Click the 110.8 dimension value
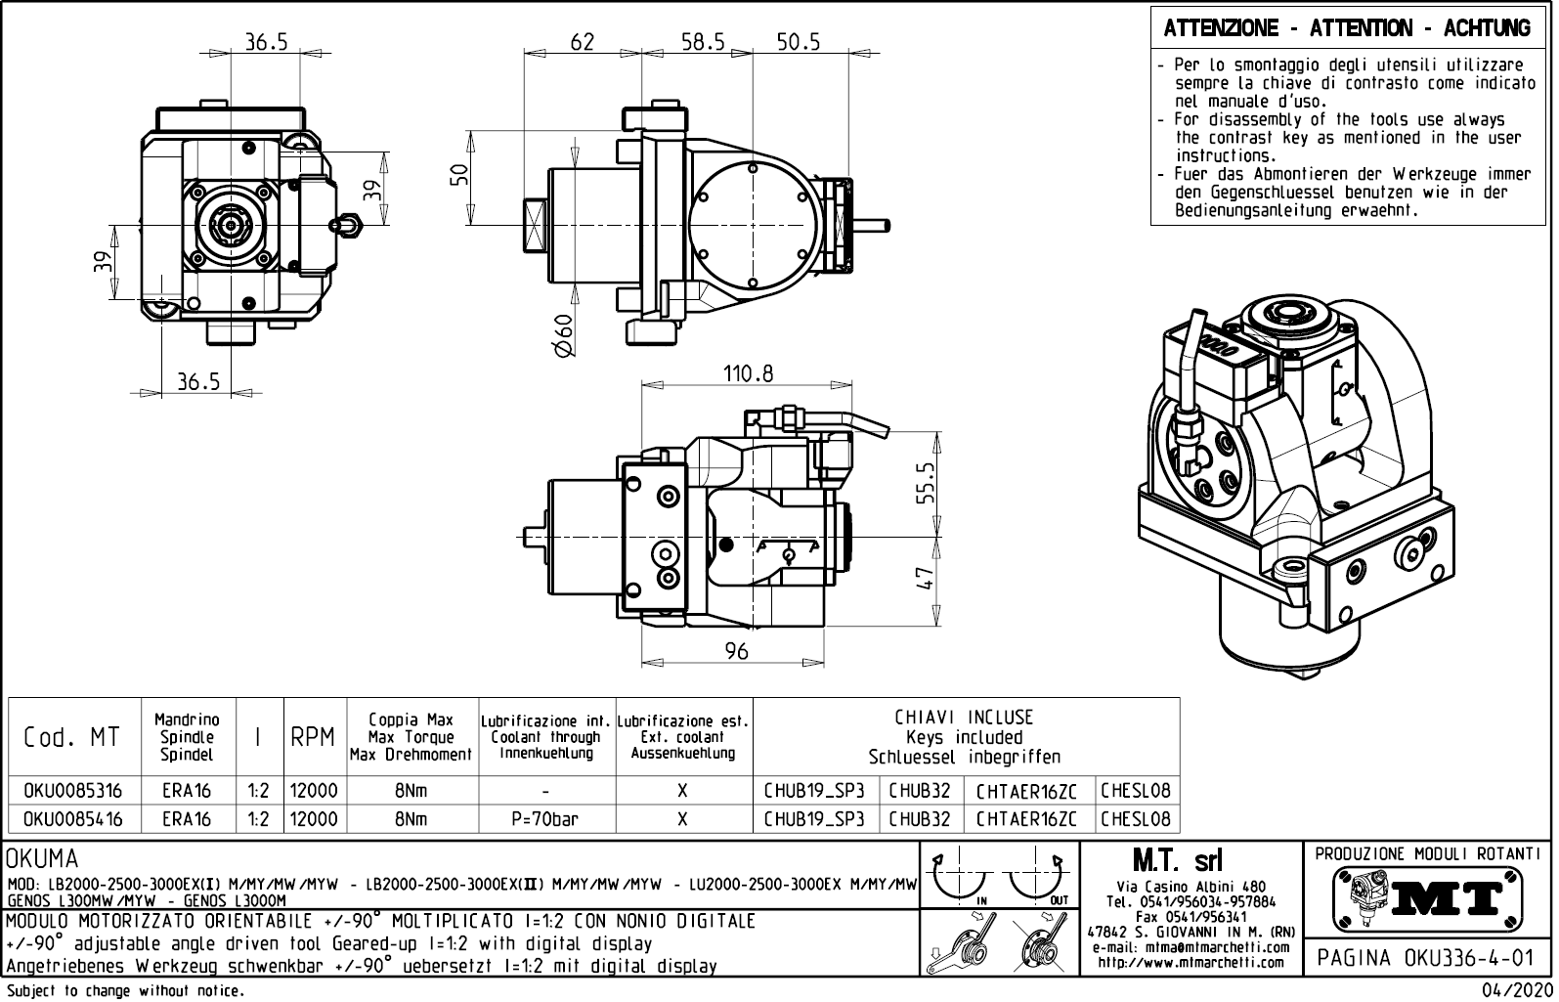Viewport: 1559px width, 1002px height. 748,373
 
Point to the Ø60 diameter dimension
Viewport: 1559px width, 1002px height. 563,337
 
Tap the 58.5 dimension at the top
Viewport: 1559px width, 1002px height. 703,41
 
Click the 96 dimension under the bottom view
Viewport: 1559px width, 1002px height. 736,651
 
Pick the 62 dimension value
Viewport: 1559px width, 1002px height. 582,41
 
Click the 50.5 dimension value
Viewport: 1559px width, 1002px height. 799,41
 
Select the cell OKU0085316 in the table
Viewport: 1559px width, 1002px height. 73,791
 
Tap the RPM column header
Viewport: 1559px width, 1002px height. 313,738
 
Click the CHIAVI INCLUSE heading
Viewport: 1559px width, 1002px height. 964,718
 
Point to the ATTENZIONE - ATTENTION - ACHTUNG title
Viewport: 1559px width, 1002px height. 1347,28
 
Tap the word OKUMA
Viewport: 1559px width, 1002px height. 42,859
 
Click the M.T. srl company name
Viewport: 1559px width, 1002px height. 1176,861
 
